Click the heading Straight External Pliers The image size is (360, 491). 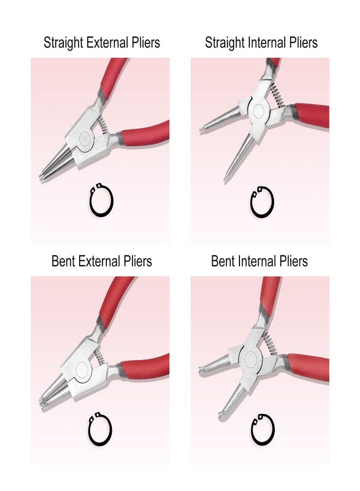(102, 43)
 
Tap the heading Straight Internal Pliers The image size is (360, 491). (261, 43)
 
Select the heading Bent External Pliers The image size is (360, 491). (101, 261)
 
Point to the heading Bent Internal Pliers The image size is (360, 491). (259, 261)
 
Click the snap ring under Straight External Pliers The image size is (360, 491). (101, 201)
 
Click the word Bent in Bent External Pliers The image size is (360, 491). (63, 261)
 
